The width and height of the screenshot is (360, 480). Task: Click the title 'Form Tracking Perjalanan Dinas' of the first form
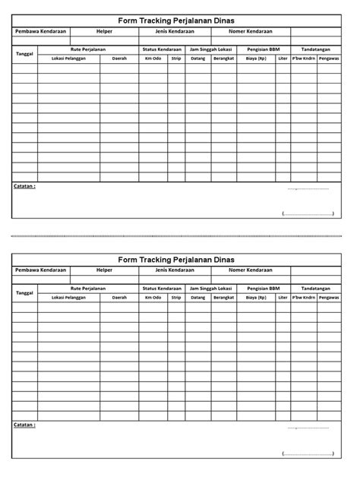coord(176,21)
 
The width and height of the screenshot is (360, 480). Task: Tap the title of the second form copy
coord(176,260)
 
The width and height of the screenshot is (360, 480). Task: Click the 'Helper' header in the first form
coord(104,32)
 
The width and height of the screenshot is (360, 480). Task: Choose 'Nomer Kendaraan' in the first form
coord(250,32)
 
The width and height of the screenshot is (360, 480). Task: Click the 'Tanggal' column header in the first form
coord(25,53)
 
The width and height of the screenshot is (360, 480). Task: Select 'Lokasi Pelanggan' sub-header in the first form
coord(68,58)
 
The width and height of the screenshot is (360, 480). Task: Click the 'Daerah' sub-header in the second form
coord(119,297)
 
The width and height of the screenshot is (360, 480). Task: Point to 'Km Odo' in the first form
coord(153,58)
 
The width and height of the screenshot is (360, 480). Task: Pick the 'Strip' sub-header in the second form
coord(175,297)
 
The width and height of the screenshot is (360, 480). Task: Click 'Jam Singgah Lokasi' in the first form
coord(210,49)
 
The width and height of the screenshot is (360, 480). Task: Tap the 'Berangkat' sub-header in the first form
coord(223,58)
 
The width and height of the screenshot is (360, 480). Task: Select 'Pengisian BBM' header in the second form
coord(263,288)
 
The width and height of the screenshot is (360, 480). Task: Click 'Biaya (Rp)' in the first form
coord(256,58)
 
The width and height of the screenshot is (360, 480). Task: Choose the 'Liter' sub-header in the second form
coord(283,297)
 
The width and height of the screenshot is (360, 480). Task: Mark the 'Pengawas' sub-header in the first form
coord(328,58)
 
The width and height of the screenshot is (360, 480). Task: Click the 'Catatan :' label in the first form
coord(25,185)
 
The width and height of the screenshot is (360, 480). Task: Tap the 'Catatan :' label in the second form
coord(25,425)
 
